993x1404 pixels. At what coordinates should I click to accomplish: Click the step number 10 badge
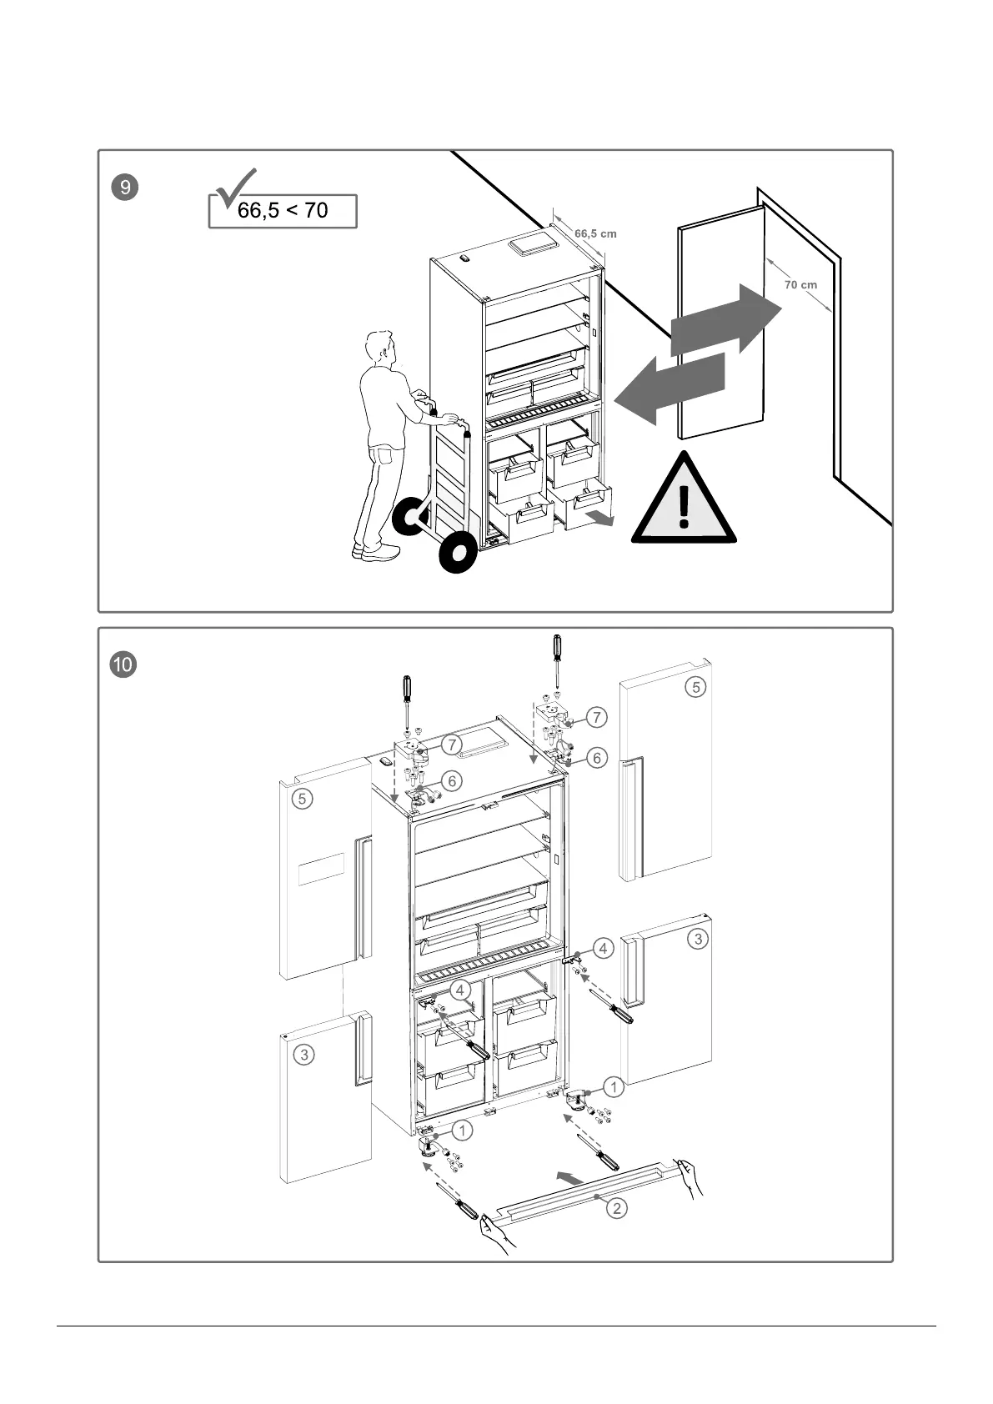click(x=123, y=664)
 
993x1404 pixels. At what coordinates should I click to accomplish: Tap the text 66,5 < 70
click(x=283, y=211)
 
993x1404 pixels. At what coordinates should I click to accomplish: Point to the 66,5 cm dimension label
click(x=595, y=233)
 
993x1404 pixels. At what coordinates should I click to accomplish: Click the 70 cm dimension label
click(x=800, y=285)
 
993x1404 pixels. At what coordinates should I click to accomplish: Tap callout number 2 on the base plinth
click(x=616, y=1207)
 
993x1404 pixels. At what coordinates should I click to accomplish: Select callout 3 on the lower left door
click(x=304, y=1055)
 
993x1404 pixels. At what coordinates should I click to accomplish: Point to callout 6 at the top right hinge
click(x=597, y=758)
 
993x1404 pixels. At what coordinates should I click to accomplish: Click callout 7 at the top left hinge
click(x=451, y=744)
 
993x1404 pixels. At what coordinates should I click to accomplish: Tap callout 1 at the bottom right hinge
click(x=613, y=1087)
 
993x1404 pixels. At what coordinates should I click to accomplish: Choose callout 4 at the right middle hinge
click(x=603, y=948)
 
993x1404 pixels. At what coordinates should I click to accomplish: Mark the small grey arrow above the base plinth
click(x=569, y=1177)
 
